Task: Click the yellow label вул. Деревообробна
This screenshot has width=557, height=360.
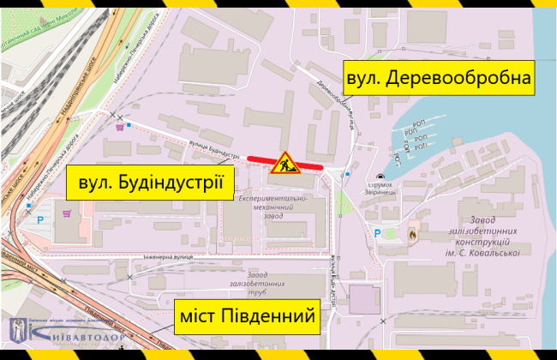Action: click(439, 80)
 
